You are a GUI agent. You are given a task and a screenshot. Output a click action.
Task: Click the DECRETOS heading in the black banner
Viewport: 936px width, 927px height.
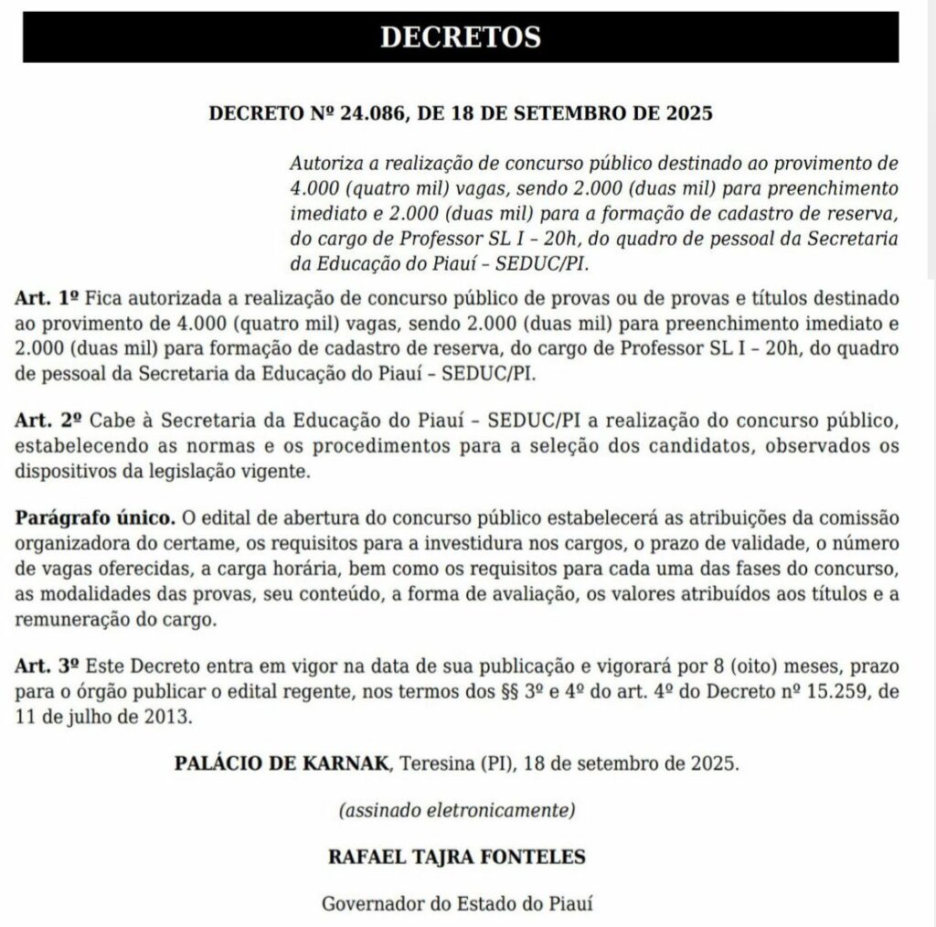(460, 37)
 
